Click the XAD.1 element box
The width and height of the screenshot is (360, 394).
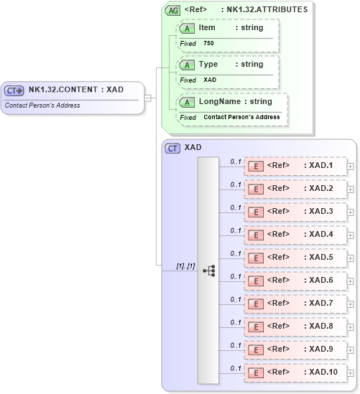295,166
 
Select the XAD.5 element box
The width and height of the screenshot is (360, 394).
295,258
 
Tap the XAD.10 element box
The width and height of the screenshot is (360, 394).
295,372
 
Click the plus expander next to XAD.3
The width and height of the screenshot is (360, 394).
350,212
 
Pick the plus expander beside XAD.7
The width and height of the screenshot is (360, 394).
350,304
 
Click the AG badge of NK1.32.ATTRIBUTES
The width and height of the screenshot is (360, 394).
172,11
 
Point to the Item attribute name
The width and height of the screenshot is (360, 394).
207,27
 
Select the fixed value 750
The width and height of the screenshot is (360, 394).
208,43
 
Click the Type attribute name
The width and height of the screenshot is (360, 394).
208,65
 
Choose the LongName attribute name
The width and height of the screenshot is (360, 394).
220,102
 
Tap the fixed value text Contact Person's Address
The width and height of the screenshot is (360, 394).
241,117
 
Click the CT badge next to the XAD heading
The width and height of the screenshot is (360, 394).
172,148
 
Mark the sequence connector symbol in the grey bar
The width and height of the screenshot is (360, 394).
209,271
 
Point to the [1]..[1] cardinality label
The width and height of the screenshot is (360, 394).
185,266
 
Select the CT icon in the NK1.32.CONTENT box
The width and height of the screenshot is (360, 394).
14,90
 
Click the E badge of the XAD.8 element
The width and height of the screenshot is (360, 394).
254,327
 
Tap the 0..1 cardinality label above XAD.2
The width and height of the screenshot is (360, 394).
235,184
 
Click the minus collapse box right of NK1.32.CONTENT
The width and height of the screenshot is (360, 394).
147,98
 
